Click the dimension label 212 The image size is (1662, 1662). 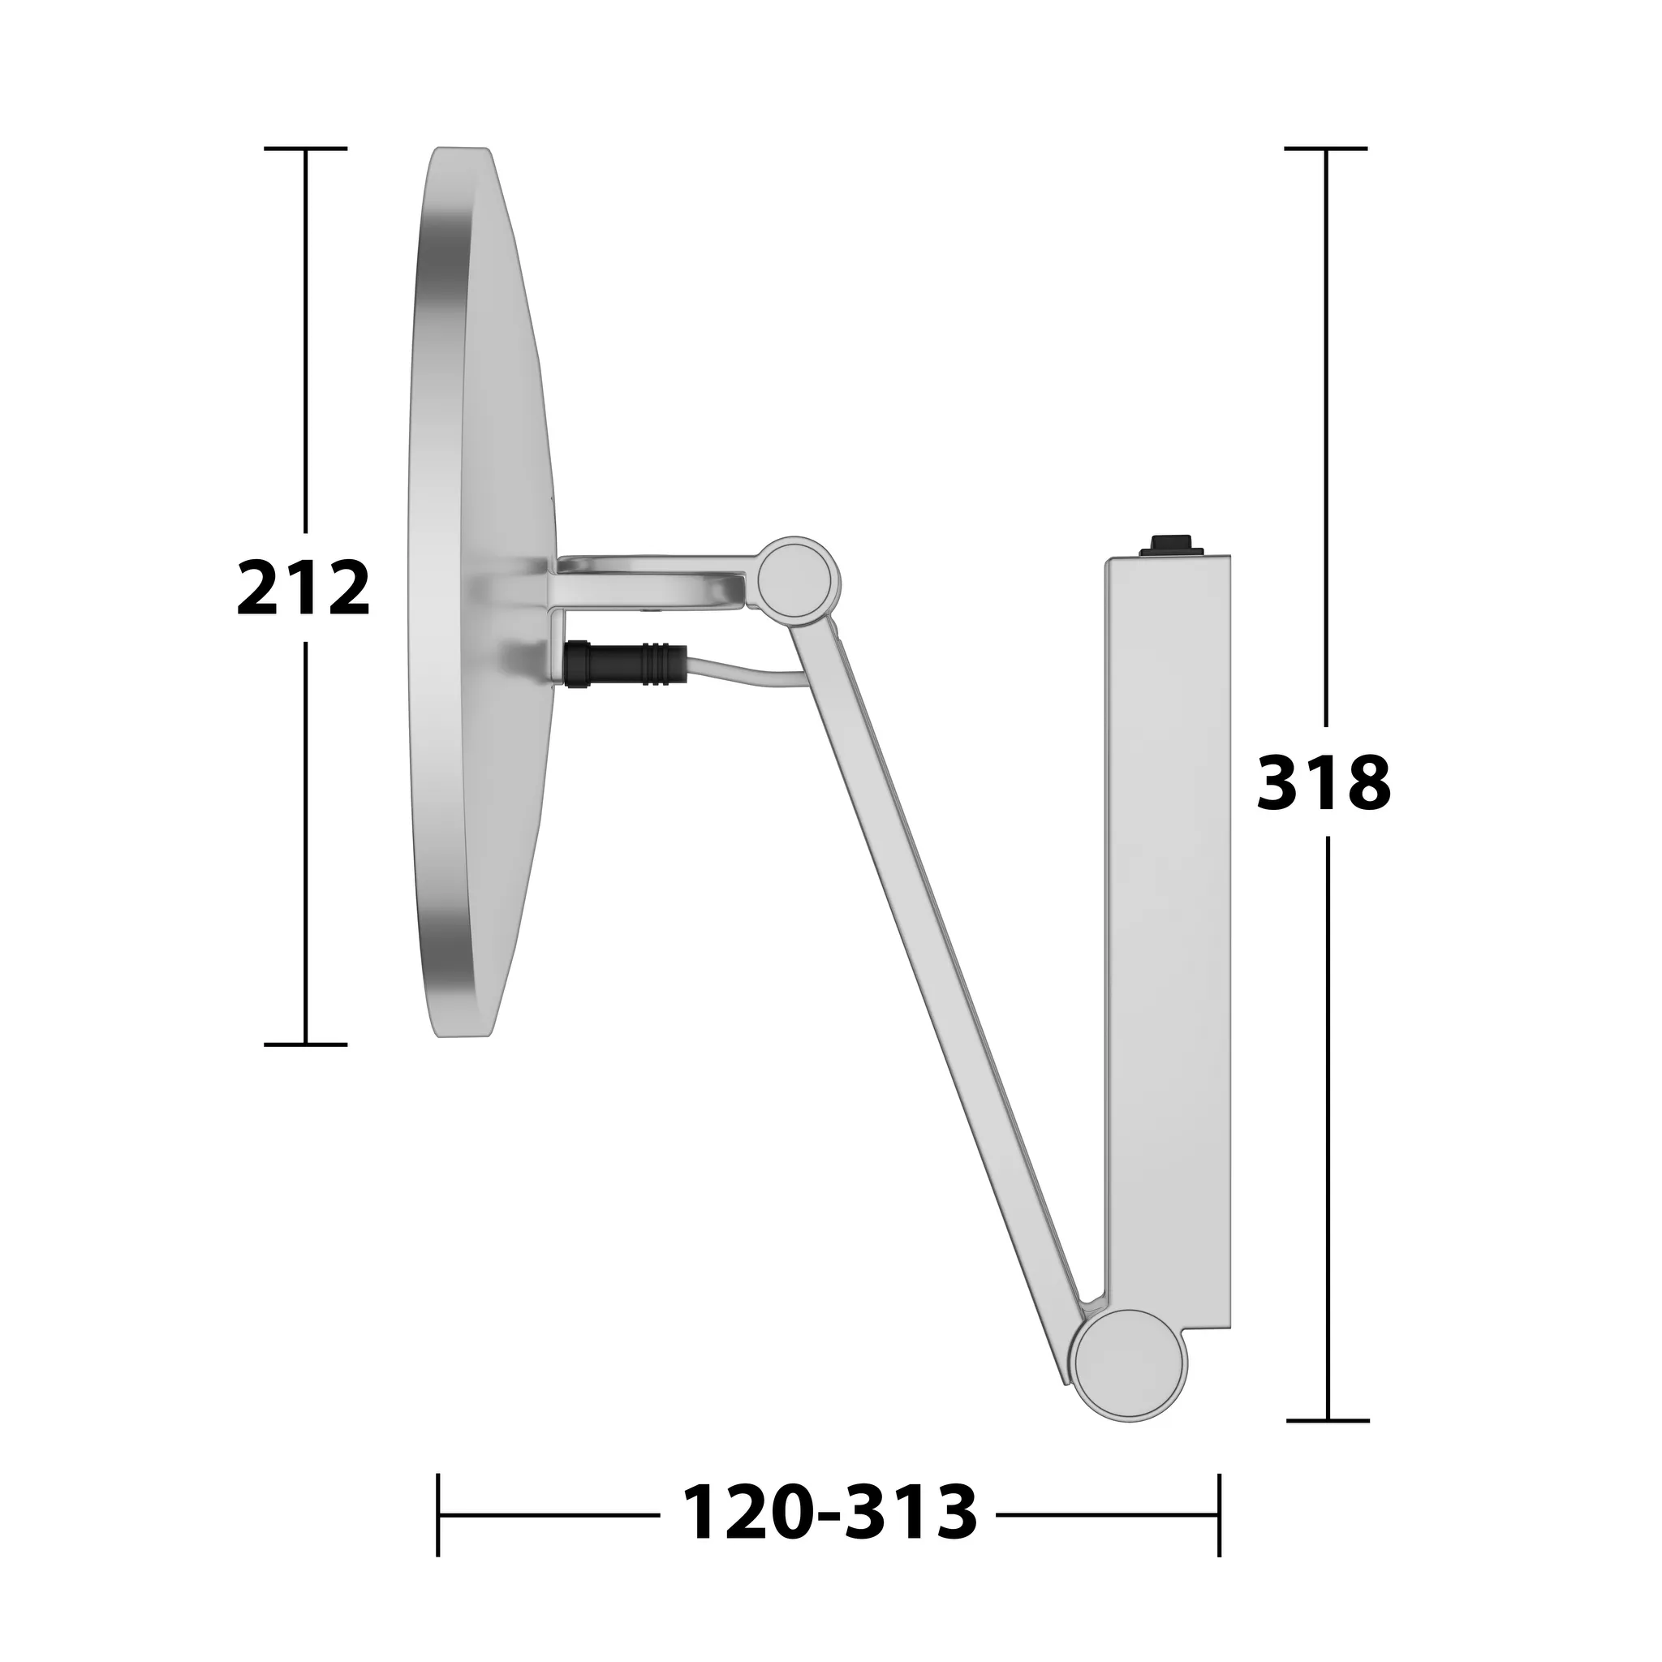click(303, 588)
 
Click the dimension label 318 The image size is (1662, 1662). click(1324, 782)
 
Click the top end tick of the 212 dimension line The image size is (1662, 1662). click(305, 149)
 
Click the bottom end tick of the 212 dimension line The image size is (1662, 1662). click(305, 1044)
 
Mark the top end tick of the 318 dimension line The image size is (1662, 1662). click(1326, 149)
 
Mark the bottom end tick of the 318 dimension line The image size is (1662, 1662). click(1328, 1421)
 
